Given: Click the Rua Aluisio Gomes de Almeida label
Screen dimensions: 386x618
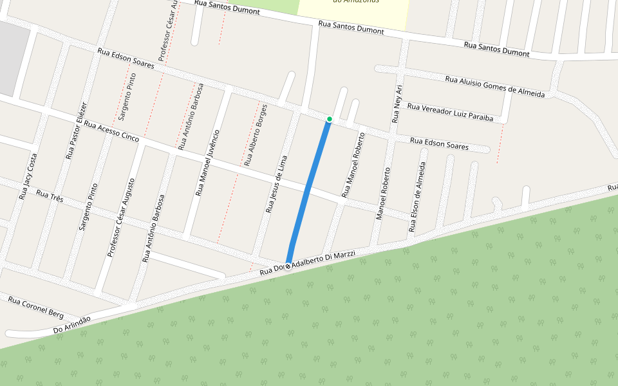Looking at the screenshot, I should point(495,87).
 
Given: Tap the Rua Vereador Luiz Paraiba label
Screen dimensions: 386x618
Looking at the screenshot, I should point(451,113).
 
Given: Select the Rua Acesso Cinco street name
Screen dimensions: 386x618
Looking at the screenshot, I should point(111,132).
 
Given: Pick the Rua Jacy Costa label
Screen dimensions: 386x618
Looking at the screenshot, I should point(28,175).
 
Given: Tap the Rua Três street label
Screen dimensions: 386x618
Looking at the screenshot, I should point(50,196).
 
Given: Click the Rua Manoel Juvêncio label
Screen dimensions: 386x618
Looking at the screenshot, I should point(208,162).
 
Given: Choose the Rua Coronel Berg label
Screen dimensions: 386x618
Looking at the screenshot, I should point(35,308).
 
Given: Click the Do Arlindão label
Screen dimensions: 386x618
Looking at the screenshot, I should point(71,325).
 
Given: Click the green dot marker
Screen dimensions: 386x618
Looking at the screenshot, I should point(330,119).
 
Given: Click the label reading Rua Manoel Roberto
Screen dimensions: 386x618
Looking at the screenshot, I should point(353,165).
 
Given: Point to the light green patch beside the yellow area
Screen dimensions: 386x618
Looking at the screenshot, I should point(270,6).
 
